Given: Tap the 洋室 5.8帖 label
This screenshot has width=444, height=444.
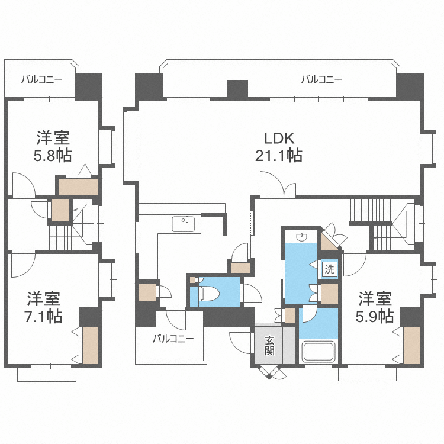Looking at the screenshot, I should tap(53, 147).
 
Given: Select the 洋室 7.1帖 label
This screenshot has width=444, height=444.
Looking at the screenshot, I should tap(44, 307).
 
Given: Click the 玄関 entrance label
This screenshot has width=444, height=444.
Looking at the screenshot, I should tap(269, 345).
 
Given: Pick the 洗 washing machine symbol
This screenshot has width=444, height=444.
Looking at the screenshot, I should tap(329, 268).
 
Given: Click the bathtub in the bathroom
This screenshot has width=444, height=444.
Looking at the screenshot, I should tap(319, 352).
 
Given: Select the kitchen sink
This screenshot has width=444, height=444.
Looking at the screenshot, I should tap(184, 224).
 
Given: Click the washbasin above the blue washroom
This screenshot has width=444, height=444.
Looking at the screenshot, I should tap(302, 236).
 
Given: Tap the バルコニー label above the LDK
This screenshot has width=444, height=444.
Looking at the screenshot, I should tap(321, 79).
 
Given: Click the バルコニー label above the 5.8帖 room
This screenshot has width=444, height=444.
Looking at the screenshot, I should tap(41, 79).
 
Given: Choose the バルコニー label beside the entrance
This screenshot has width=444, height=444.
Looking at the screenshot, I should tap(172, 339).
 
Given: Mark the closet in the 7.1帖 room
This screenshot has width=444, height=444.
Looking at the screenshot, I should tap(90, 345).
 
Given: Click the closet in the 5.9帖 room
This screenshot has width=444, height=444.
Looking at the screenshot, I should tap(410, 345).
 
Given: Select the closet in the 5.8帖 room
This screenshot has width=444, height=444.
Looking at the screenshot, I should tap(78, 186).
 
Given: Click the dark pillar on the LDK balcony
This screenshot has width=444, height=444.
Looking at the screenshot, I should tap(237, 89).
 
